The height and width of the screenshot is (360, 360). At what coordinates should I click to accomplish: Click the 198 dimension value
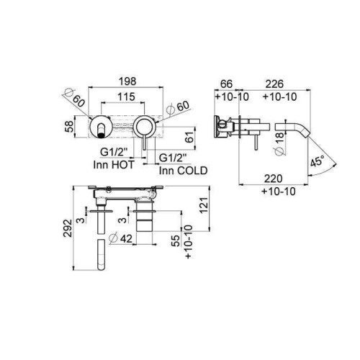(127, 81)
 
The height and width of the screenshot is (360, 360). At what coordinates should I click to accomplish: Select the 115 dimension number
(126, 97)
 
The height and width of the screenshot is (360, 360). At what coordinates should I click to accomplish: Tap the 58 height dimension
(69, 127)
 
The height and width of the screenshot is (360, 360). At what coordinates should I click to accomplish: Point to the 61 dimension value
(190, 137)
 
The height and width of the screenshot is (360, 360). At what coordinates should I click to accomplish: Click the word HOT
(122, 165)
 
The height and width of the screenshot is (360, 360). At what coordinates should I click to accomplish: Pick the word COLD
(192, 171)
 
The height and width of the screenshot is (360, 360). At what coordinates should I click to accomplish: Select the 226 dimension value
(274, 84)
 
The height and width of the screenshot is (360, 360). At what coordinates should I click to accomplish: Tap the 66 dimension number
(226, 84)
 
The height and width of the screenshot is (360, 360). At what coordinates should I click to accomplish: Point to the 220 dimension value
(274, 179)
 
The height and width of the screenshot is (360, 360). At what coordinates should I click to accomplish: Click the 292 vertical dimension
(68, 228)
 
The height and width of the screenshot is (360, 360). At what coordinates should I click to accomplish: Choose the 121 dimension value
(204, 205)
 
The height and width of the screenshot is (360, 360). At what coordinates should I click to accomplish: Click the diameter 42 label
(120, 238)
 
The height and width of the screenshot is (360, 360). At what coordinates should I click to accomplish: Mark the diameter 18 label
(280, 143)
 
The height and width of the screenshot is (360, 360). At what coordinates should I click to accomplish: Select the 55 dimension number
(176, 240)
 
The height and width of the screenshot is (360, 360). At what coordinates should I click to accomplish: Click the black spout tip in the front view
(102, 135)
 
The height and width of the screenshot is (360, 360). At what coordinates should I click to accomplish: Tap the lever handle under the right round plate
(144, 143)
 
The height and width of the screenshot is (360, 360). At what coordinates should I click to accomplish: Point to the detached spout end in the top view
(102, 255)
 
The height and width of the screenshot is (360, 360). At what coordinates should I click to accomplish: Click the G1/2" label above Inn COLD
(173, 158)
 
